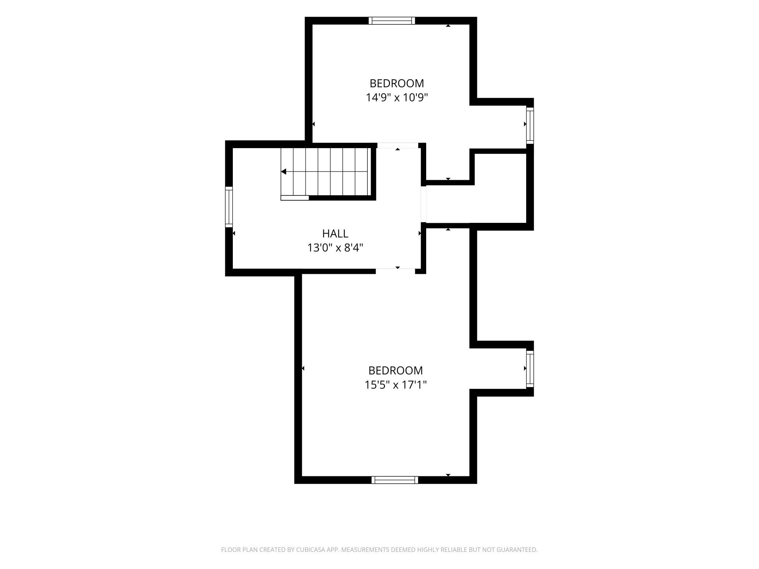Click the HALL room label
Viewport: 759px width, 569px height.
tap(335, 233)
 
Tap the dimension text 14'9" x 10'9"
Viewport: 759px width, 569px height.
tap(397, 98)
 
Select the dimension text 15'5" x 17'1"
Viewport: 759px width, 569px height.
tap(396, 385)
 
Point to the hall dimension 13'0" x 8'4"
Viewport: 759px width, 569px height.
tap(335, 248)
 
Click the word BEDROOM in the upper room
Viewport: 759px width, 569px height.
tap(397, 84)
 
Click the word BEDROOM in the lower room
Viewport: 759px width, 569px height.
tap(396, 371)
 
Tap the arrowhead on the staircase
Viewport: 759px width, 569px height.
tap(284, 172)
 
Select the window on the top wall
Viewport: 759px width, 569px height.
tap(392, 21)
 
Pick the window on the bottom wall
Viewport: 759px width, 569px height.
tap(395, 480)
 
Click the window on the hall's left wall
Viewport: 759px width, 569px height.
tap(229, 207)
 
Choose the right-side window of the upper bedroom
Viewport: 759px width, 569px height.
tap(530, 125)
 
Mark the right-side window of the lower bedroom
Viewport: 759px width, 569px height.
tap(530, 369)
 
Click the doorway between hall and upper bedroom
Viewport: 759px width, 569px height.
tap(397, 146)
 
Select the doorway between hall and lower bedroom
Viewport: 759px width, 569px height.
tap(396, 271)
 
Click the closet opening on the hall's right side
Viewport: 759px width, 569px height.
tap(424, 204)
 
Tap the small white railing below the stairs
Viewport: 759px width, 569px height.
tap(295, 198)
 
